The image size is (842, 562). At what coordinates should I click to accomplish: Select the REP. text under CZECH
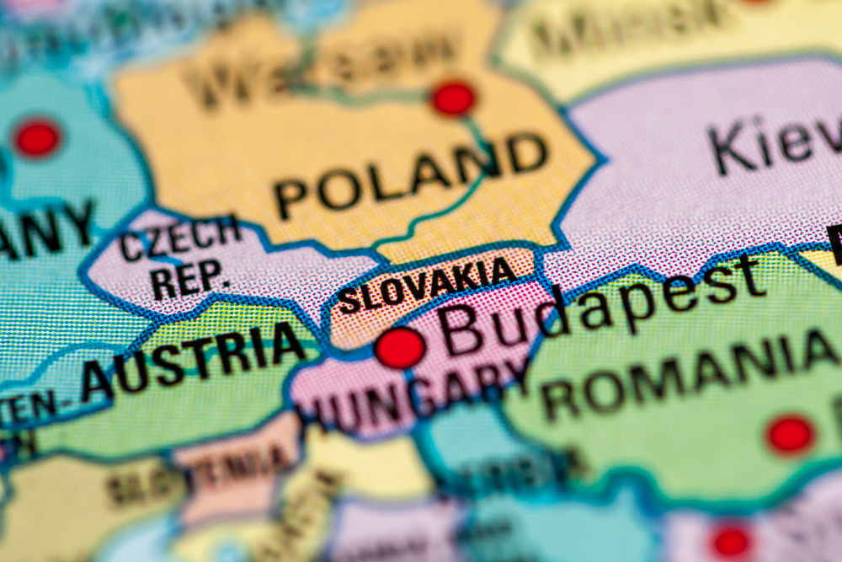pyautogui.click(x=189, y=276)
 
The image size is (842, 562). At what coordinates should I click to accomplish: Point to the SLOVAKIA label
pyautogui.click(x=427, y=286)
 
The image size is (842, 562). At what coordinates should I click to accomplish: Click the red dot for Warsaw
pyautogui.click(x=454, y=99)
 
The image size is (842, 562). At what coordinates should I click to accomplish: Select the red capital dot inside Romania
pyautogui.click(x=790, y=435)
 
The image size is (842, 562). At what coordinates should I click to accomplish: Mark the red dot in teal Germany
pyautogui.click(x=37, y=138)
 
